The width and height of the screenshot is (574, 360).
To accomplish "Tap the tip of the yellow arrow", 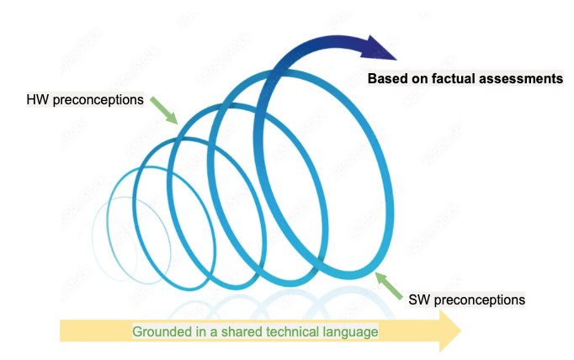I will (459, 331).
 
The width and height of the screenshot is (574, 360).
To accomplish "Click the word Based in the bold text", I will (387, 79).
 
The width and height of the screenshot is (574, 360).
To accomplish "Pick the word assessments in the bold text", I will (523, 79).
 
